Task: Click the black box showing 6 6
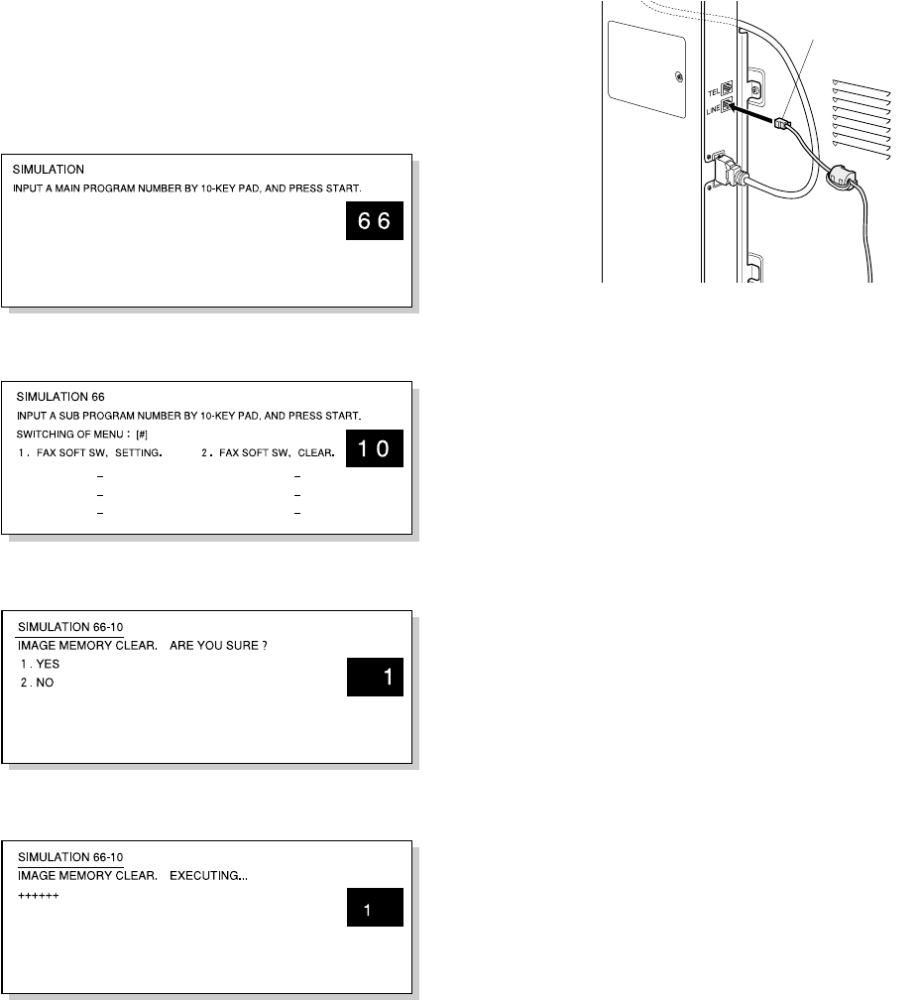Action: click(x=374, y=221)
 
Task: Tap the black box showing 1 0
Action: click(x=374, y=448)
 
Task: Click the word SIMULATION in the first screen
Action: click(x=49, y=170)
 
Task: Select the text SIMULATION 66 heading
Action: click(x=60, y=397)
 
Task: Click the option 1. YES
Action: click(x=41, y=664)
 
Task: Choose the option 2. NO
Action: click(x=37, y=683)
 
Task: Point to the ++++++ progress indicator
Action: click(x=39, y=896)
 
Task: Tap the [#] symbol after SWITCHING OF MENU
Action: click(x=142, y=435)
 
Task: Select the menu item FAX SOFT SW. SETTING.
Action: click(x=99, y=453)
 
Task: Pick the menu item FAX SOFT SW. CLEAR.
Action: click(x=277, y=453)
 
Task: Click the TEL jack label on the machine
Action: click(x=714, y=92)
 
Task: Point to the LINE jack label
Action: click(x=713, y=110)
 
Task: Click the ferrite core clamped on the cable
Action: click(x=841, y=176)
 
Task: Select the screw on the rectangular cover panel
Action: click(x=679, y=78)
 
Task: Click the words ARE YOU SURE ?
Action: click(x=218, y=646)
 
